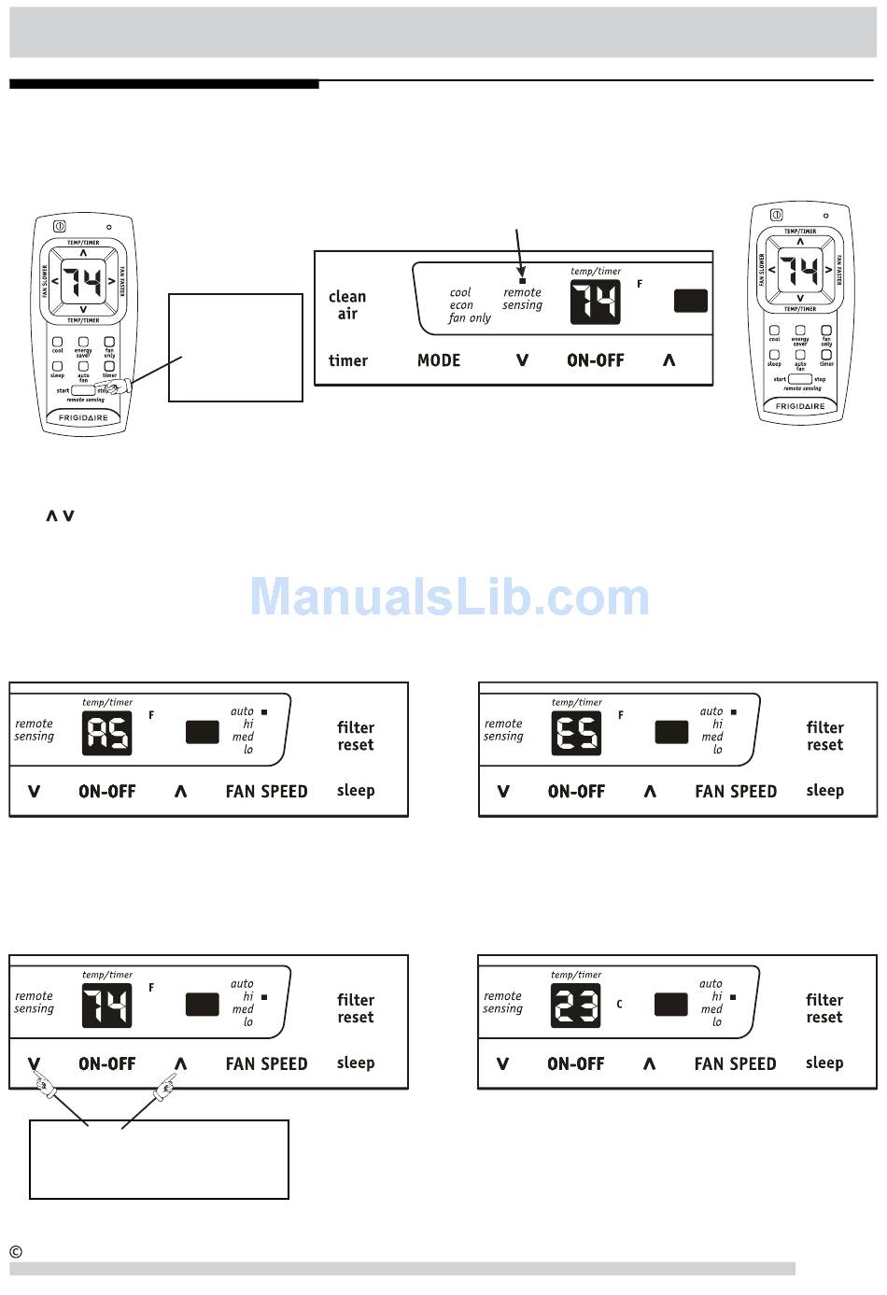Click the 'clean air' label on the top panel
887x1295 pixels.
click(x=347, y=305)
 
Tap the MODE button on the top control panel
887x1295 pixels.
click(x=439, y=360)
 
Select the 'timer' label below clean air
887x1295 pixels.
click(x=348, y=360)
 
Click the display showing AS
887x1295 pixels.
click(x=107, y=733)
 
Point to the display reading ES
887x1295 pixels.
click(x=576, y=733)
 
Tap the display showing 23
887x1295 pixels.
click(x=575, y=1006)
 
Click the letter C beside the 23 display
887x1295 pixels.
click(x=619, y=1005)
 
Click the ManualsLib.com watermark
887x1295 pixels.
click(x=449, y=597)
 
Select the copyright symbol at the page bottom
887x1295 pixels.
click(x=16, y=1252)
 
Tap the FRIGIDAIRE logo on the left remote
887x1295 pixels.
click(x=83, y=417)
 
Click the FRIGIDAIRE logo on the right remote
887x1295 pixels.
click(x=800, y=406)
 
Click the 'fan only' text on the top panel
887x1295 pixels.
click(x=470, y=318)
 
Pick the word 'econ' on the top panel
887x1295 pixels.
click(x=461, y=305)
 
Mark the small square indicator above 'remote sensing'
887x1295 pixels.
click(x=522, y=280)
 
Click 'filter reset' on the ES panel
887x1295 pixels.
click(x=824, y=736)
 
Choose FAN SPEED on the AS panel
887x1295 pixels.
click(x=266, y=792)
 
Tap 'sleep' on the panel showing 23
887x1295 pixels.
click(x=824, y=1063)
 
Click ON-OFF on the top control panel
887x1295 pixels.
click(x=596, y=360)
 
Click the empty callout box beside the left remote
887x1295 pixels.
click(x=235, y=347)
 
